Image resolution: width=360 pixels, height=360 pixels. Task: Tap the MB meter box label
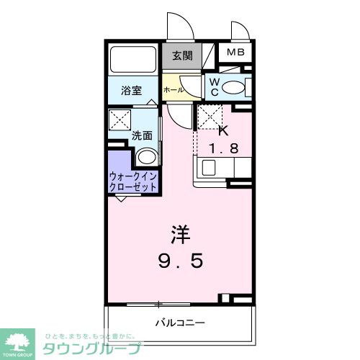235,53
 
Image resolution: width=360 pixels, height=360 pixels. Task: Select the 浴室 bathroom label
131,91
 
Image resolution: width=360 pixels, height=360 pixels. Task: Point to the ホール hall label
173,90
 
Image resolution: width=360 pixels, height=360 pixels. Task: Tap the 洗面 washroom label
141,134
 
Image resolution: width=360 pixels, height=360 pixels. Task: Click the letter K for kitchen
222,130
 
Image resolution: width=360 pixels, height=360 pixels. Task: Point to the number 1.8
222,150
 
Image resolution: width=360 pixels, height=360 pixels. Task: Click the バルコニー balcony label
180,322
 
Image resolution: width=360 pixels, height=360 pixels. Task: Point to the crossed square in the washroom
118,119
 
